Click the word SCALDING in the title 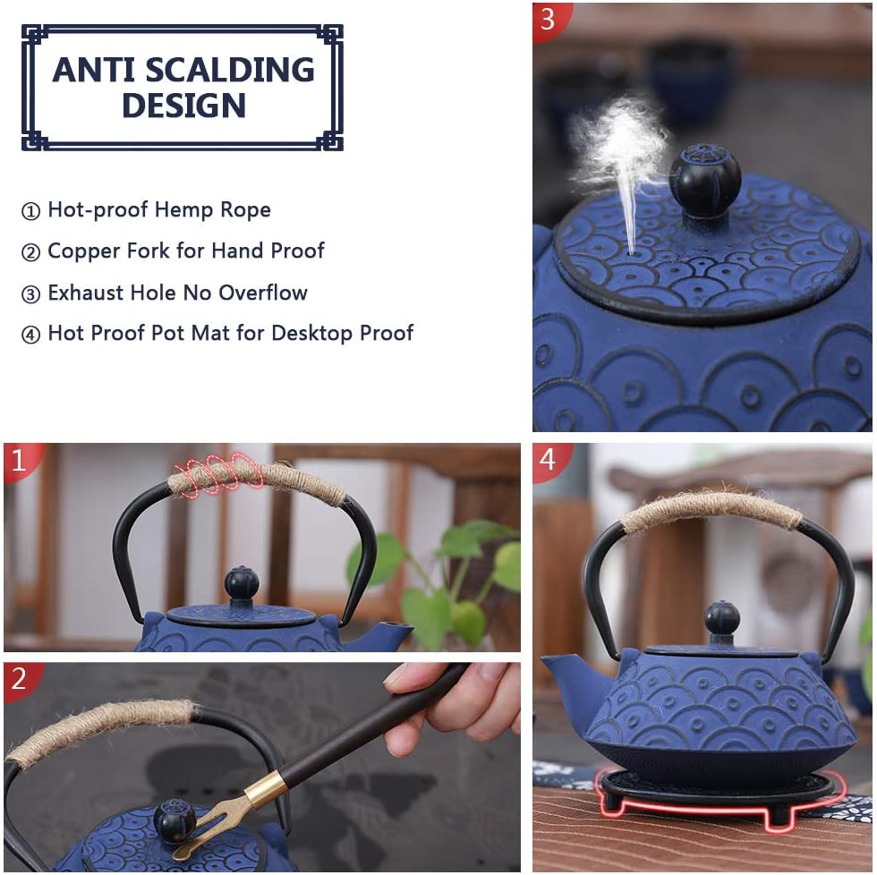(x=230, y=70)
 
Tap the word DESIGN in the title (x=184, y=106)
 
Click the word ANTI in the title (x=93, y=70)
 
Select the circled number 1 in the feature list (x=30, y=211)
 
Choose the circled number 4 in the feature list (x=30, y=335)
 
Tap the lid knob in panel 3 (x=705, y=180)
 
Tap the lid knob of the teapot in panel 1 (x=242, y=583)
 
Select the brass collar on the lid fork (x=266, y=788)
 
